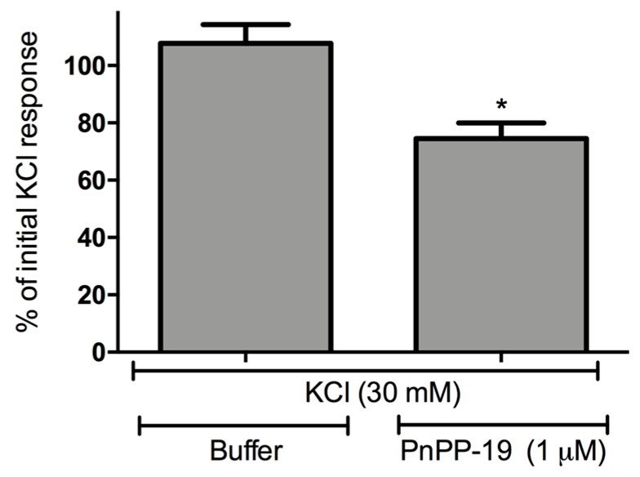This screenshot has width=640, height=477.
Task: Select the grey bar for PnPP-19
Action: coord(500,245)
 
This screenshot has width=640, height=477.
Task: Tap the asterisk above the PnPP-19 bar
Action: coord(500,106)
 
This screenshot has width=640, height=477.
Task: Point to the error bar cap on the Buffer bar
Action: coord(245,25)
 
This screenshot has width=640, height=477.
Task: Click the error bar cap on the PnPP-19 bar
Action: coord(500,123)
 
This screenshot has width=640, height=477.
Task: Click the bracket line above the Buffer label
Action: coord(244,425)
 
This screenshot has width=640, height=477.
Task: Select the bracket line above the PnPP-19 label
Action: coord(503,425)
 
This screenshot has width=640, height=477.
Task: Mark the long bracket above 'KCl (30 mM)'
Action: coord(365,372)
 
